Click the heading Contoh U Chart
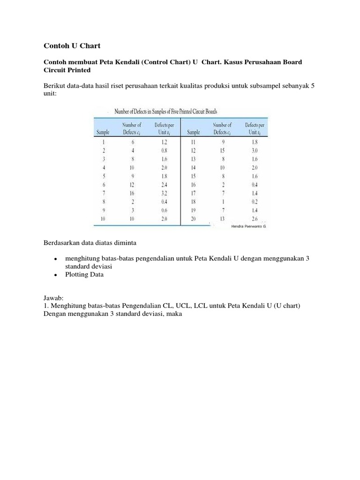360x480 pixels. coord(72,45)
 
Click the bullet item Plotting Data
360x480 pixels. coord(85,275)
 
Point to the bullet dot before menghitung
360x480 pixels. coord(55,259)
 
